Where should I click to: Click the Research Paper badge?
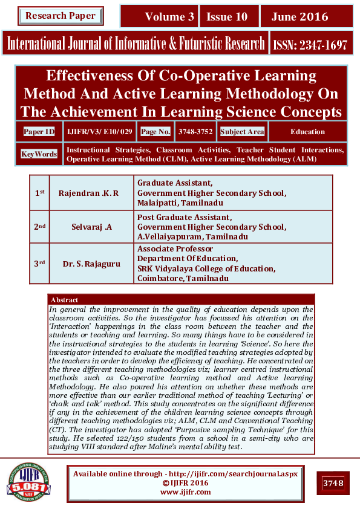click(x=60, y=16)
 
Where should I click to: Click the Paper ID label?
click(x=39, y=131)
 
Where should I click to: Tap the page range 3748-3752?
click(x=195, y=131)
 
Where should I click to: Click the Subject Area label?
click(x=242, y=131)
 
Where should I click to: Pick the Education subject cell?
click(x=307, y=131)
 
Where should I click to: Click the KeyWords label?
click(x=39, y=154)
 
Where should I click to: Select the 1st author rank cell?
click(x=39, y=192)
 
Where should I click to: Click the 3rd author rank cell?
click(x=39, y=263)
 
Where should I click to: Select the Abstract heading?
click(x=65, y=300)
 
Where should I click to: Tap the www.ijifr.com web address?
click(x=185, y=492)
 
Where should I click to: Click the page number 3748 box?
click(x=333, y=483)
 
